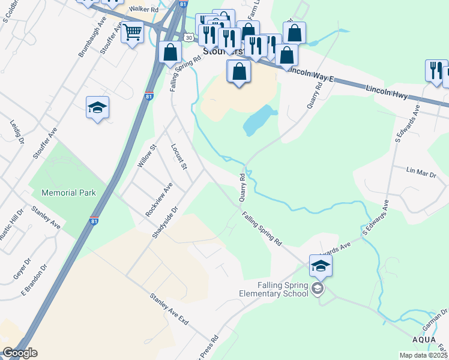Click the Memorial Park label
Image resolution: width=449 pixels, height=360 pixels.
pyautogui.click(x=70, y=193)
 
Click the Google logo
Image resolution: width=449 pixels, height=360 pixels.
pyautogui.click(x=19, y=353)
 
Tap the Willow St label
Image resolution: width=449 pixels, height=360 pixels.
pyautogui.click(x=146, y=155)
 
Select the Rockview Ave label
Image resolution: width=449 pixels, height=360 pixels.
pyautogui.click(x=159, y=200)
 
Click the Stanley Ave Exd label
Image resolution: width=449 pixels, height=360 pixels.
pyautogui.click(x=169, y=310)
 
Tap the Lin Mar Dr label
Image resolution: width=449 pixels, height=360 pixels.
pyautogui.click(x=421, y=172)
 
